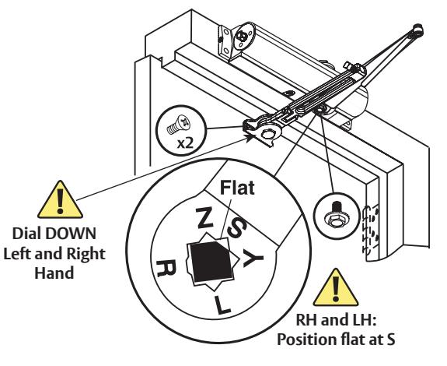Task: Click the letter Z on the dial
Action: (204, 217)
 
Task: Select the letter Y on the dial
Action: (252, 258)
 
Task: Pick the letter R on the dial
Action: (166, 268)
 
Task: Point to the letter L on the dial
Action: (222, 305)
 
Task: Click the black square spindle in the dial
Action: (211, 261)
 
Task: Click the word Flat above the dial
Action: (237, 188)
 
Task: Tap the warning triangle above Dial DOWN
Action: (60, 201)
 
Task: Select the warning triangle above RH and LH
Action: (336, 289)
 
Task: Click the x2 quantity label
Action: (185, 143)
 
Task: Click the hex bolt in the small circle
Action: (336, 216)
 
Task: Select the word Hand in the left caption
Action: (54, 273)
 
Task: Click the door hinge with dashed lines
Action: (371, 229)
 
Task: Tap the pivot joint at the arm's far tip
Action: (417, 30)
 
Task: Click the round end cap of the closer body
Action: (243, 36)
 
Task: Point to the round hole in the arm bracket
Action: (268, 134)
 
